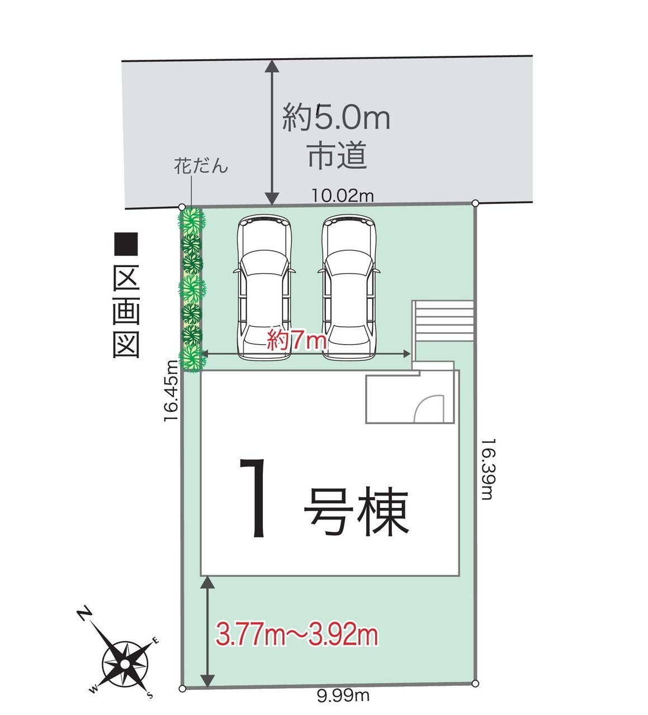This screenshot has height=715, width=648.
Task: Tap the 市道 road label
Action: click(337, 155)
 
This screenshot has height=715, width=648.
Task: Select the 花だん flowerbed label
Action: click(201, 166)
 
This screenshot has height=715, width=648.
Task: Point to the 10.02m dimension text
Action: click(343, 196)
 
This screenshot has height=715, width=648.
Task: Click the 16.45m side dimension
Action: click(171, 391)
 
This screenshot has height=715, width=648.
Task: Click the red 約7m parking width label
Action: click(296, 340)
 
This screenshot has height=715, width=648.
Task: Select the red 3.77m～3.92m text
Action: click(296, 635)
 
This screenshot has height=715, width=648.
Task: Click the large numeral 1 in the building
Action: click(254, 498)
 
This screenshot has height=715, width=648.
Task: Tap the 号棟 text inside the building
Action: click(356, 511)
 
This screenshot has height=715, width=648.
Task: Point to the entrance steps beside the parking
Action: click(443, 321)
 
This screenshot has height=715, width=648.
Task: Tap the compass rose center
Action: click(125, 664)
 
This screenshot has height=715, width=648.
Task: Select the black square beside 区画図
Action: click(126, 245)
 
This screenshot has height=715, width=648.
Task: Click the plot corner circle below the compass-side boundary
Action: click(182, 689)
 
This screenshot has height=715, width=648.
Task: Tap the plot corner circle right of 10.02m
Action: click(475, 203)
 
